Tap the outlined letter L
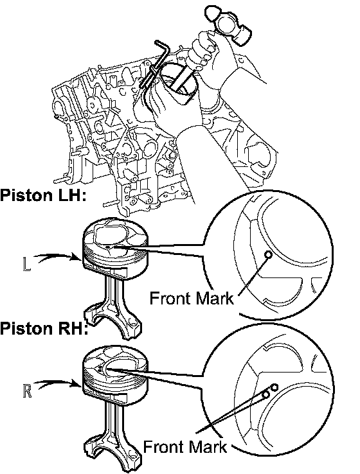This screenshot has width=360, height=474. tap(26, 264)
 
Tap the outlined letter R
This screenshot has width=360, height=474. tap(27, 391)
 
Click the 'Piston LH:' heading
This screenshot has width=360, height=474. tap(44, 195)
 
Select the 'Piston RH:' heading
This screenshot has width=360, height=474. tap(44, 328)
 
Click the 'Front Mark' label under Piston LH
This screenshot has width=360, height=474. tap(192, 299)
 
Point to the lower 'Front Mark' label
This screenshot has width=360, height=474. tap(185, 447)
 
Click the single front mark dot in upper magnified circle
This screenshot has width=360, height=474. tap(268, 254)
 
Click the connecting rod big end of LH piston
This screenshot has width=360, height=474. tap(113, 321)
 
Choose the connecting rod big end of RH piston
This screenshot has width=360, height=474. tap(113, 453)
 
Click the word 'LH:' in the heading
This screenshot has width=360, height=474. tap(71, 195)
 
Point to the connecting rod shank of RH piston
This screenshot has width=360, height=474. tap(113, 420)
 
